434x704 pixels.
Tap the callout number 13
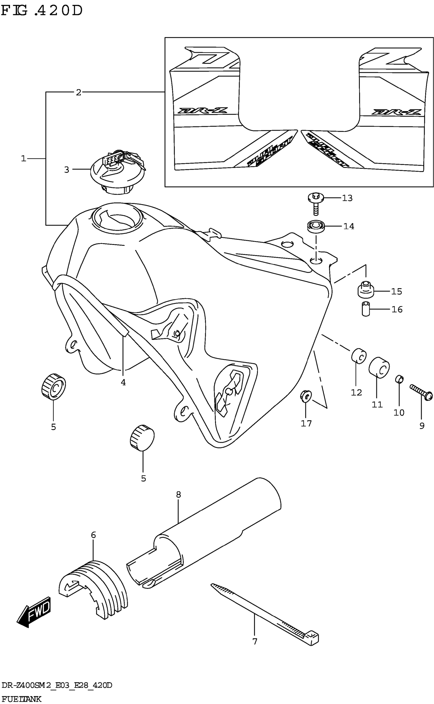[347, 198]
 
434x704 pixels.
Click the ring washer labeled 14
[316, 226]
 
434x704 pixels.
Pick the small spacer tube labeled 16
[365, 309]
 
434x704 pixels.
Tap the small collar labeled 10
[399, 379]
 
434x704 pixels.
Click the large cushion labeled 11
[379, 368]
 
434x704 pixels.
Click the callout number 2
[78, 92]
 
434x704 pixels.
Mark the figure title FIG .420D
[42, 11]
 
